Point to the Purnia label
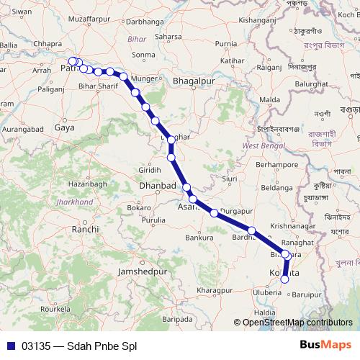pos(225,44)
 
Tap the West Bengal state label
pos(260,146)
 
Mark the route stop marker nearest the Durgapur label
pos(214,212)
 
